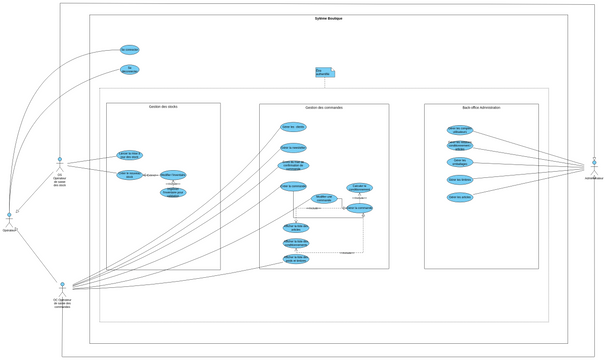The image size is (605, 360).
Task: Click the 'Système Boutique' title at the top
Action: click(328, 18)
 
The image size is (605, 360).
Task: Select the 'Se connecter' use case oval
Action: click(130, 49)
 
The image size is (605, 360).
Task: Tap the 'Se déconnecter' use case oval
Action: click(130, 70)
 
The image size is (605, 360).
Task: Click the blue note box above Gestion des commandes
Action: click(324, 73)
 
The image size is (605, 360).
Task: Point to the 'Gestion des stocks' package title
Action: click(163, 107)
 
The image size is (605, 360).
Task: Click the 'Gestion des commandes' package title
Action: click(324, 107)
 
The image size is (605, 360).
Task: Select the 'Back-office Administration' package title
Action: click(481, 107)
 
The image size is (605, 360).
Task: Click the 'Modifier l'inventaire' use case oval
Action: click(173, 175)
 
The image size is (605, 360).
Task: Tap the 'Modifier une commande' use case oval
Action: click(323, 198)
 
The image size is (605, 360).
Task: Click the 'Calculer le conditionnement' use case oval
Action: click(359, 187)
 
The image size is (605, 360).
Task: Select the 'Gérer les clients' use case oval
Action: click(293, 127)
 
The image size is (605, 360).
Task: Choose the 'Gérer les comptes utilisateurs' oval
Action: click(460, 129)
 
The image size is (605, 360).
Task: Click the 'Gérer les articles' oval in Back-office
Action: click(460, 197)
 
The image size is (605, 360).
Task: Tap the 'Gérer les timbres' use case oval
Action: click(460, 180)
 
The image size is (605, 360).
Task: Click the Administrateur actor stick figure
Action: click(593, 163)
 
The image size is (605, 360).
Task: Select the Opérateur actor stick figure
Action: click(9, 217)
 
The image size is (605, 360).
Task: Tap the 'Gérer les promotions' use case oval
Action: click(460, 162)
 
